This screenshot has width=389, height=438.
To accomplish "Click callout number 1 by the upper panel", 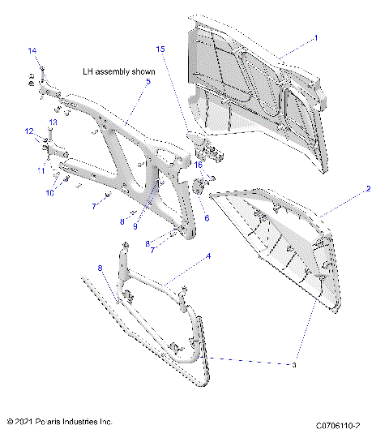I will pos(315,37).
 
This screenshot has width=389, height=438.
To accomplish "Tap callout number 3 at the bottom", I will pos(295,366).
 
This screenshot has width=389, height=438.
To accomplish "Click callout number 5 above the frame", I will pos(147,82).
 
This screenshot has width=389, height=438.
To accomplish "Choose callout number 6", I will pos(206,218).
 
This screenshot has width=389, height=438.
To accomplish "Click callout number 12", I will pos(28,131).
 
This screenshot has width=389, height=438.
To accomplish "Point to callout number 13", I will pos(53,122).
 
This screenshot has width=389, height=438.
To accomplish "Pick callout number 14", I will pos(32,51).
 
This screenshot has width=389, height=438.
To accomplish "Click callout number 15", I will pos(160,49).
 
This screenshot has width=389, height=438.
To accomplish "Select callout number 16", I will pos(197,164).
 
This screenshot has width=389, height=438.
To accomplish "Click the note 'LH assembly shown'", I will pos(118,71).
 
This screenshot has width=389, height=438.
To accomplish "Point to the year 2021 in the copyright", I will pos(24,422).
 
